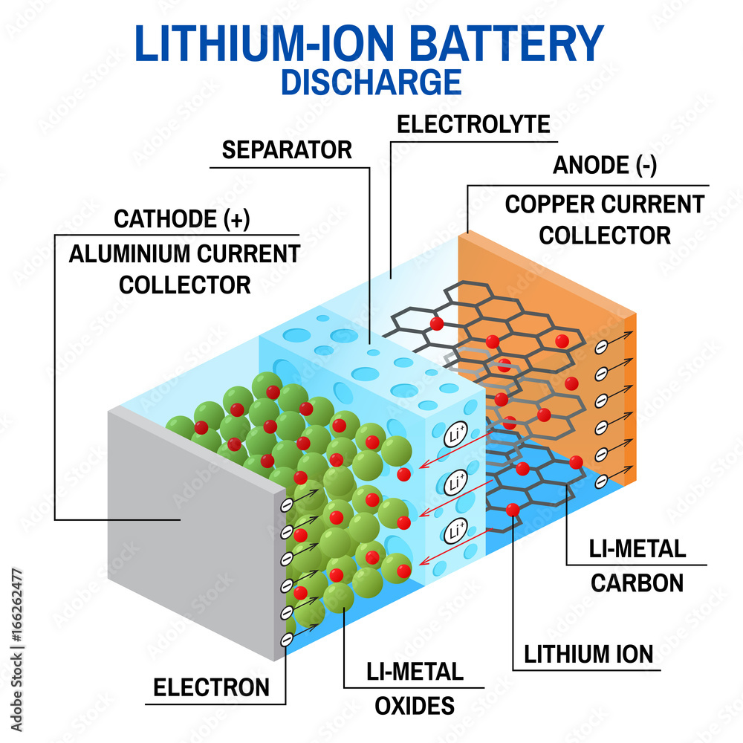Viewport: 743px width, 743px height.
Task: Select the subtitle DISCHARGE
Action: coord(370,82)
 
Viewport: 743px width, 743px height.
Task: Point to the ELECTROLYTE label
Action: coord(473,123)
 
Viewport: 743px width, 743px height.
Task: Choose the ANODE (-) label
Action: coord(604,166)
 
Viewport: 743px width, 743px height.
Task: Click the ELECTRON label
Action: coord(212,687)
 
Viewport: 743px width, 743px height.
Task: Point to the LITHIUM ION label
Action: coord(588,654)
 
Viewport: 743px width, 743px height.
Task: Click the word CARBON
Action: coord(637,583)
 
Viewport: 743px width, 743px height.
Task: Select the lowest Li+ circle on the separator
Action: coord(455,532)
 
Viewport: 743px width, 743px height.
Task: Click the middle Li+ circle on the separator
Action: coord(455,484)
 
